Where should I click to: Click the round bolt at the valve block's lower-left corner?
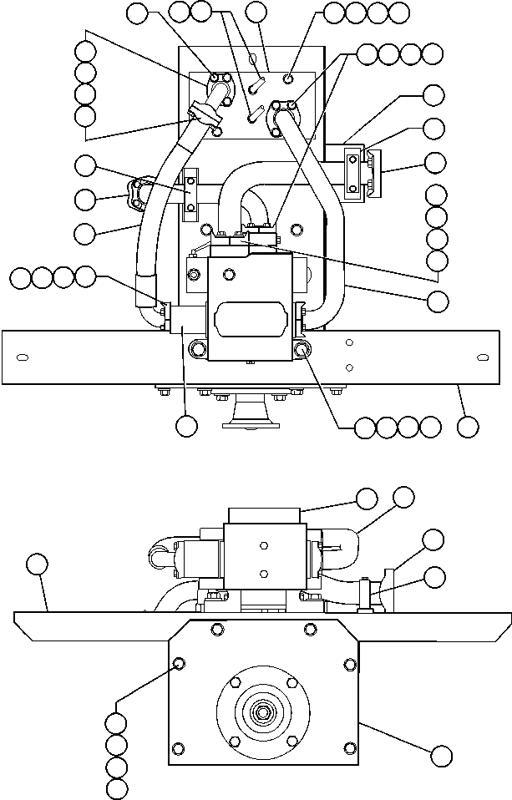pyautogui.click(x=200, y=349)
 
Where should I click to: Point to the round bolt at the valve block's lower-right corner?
pyautogui.click(x=302, y=349)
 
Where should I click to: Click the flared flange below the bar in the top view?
pyautogui.click(x=251, y=415)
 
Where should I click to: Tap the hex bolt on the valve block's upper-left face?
pyautogui.click(x=194, y=276)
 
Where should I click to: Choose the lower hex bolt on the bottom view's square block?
pyautogui.click(x=264, y=573)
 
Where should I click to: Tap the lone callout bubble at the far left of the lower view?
pyautogui.click(x=36, y=564)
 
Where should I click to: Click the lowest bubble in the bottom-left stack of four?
pyautogui.click(x=117, y=787)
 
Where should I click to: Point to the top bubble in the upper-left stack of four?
pyautogui.click(x=84, y=50)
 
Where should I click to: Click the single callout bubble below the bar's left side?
pyautogui.click(x=186, y=425)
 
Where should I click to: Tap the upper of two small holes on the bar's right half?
pyautogui.click(x=351, y=342)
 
